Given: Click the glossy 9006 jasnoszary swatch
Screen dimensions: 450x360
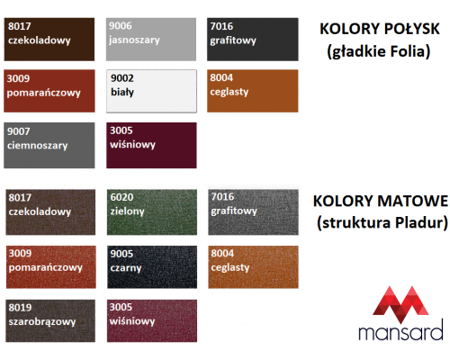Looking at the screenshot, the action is [151, 40].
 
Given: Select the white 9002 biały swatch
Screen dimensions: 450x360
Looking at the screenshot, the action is [151, 91].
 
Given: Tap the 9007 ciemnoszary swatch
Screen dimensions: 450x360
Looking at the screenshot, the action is [49, 145].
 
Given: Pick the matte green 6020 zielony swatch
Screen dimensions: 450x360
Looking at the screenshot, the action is [152, 211].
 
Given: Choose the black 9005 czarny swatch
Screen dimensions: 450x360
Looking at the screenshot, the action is [152, 267].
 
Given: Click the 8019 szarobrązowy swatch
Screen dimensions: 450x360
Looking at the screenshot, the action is [50, 320].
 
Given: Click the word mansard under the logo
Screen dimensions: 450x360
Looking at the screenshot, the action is [400, 330].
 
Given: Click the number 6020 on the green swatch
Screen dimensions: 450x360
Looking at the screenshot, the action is [121, 197].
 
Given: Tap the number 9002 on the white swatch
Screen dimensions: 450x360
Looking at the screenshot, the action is [122, 78].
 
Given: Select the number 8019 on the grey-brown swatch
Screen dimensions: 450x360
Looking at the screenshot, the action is [20, 308].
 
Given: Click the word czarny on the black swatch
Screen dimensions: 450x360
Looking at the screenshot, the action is [126, 268].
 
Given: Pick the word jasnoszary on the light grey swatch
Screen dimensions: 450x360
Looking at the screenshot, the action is [134, 40].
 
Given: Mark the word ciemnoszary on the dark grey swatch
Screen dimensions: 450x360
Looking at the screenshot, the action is [38, 146].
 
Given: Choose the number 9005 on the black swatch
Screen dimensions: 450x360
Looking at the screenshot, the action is [121, 254].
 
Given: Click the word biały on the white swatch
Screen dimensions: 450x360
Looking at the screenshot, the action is [122, 92].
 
